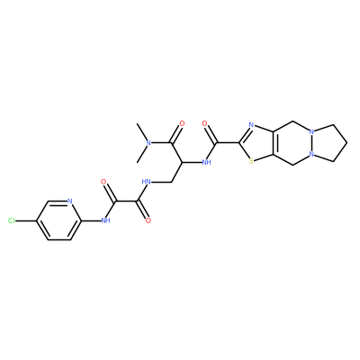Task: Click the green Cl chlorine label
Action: click(12, 221)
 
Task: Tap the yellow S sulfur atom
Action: click(251, 162)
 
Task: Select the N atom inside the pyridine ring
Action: click(70, 201)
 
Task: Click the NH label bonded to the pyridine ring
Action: click(105, 221)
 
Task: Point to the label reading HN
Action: click(146, 182)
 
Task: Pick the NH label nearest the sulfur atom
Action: click(207, 162)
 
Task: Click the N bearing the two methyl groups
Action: click(148, 143)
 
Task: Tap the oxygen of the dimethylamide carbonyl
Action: click(182, 123)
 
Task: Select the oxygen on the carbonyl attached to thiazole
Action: click(205, 123)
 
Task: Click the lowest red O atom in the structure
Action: click(148, 221)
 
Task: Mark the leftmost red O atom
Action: click(103, 182)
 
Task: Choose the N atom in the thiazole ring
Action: click(251, 124)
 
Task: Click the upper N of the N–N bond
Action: click(312, 131)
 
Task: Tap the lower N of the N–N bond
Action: click(312, 155)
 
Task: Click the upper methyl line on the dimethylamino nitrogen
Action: click(141, 132)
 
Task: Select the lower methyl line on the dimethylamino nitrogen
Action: click(141, 154)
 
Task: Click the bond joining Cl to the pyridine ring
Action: click(26, 221)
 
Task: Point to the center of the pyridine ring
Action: click(58, 221)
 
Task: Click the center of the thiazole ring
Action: click(260, 143)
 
